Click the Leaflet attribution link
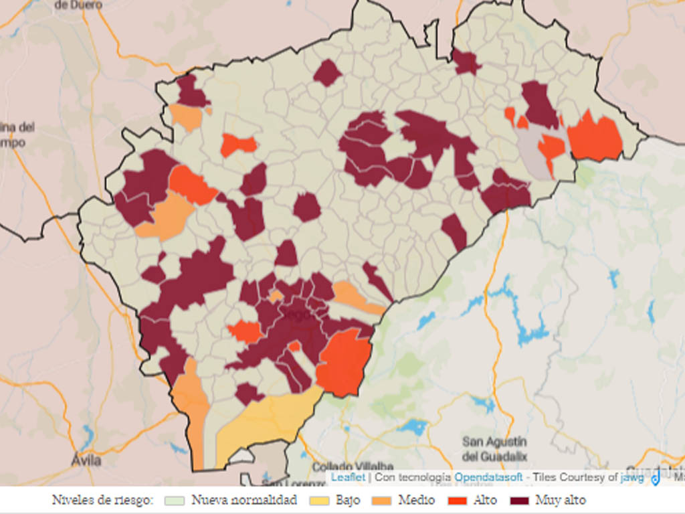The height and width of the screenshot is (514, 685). click(348, 477)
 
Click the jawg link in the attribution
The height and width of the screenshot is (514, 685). click(631, 477)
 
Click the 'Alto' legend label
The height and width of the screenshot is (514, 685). click(485, 500)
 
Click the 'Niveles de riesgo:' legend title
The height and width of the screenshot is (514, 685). click(103, 500)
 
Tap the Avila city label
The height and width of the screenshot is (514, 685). click(86, 460)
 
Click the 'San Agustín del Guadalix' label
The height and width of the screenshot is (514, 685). click(494, 449)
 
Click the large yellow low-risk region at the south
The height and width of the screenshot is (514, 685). click(268, 418)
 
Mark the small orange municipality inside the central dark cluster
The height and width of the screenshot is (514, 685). click(276, 295)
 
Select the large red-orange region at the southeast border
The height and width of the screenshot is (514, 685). click(343, 362)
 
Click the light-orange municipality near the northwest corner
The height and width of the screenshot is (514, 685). click(187, 117)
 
